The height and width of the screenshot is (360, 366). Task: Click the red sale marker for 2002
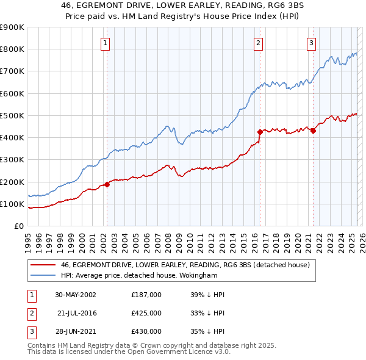point(107,184)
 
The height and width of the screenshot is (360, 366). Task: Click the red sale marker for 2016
point(260,131)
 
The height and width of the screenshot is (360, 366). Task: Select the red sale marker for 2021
point(313,130)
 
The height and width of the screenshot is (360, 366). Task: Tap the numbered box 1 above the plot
point(106,43)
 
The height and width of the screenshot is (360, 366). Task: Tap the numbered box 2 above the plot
point(259,43)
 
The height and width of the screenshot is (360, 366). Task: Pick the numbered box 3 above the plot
point(311,43)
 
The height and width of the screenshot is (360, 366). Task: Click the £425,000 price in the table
point(146,313)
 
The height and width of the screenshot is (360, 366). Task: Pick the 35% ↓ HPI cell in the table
point(208,331)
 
